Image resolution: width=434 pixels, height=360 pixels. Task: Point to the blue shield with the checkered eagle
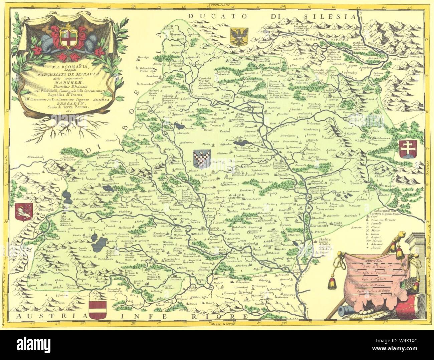point(202,158)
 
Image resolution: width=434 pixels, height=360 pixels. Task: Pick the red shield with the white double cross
point(407,149)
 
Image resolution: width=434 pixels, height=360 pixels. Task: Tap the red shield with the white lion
point(22,210)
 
